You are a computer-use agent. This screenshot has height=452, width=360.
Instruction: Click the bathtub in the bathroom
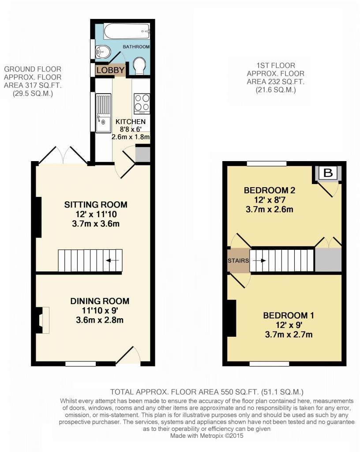coord(127,31)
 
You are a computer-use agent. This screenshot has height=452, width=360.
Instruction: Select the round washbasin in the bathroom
coord(102,52)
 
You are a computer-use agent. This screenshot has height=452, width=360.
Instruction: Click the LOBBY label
coord(110,70)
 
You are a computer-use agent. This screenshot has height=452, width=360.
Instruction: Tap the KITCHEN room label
coord(131,122)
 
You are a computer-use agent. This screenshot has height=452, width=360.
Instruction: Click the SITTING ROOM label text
coord(96,205)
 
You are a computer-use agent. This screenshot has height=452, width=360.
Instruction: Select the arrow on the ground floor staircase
coord(112,260)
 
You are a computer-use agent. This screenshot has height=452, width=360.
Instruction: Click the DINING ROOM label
coord(100,301)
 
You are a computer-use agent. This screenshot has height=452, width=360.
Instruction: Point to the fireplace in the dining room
coord(42,320)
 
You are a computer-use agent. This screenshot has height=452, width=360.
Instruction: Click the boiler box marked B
coord(328,173)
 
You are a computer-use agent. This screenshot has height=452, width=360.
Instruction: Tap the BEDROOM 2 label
coord(270,190)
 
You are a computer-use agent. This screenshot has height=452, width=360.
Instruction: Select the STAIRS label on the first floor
coord(238,260)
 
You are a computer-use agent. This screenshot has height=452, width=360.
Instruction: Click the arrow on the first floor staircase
coord(259,260)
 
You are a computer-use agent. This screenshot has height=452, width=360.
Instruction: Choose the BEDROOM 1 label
coord(289,315)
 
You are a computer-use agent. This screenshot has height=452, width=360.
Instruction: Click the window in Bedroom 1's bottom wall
coord(269,364)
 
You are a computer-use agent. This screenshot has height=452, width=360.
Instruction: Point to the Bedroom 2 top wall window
coord(266,164)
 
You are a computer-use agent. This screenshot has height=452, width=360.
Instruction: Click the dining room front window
coord(81,364)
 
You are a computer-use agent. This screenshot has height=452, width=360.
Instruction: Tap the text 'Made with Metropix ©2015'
coord(207,436)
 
